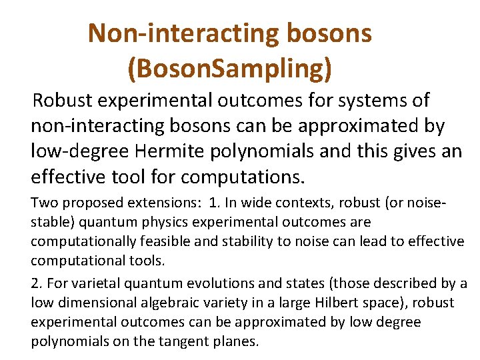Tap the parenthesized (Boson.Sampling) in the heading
229,68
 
